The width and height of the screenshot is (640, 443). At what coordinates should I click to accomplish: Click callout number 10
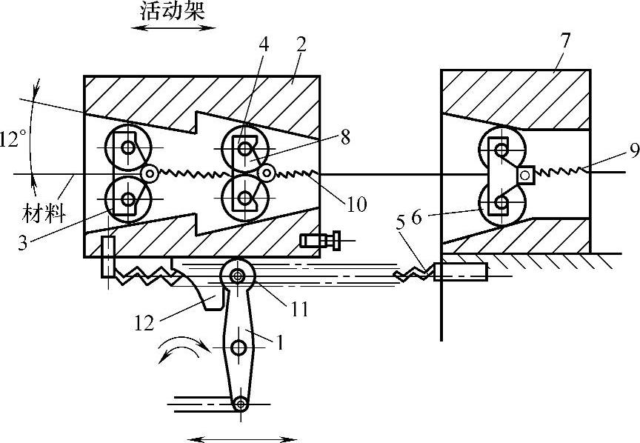click(356, 204)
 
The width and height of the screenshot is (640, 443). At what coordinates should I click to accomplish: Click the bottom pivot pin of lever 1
click(239, 404)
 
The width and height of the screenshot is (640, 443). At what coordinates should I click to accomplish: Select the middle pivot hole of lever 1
click(239, 347)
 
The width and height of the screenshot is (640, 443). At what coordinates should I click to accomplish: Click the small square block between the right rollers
click(525, 174)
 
